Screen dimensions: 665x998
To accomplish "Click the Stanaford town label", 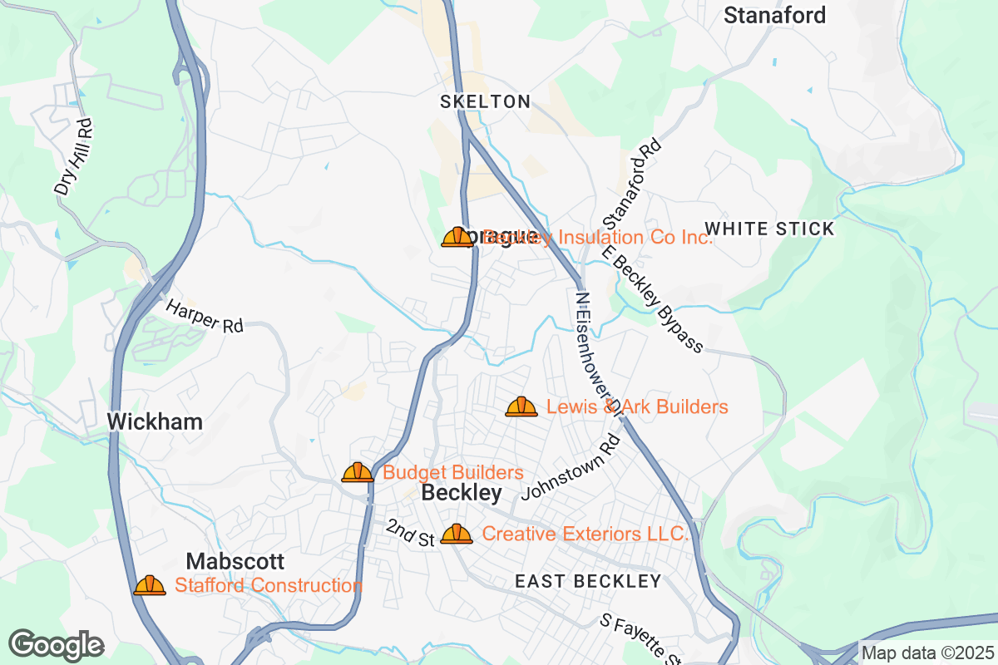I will [x=774, y=15].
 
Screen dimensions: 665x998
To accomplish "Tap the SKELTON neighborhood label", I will [x=485, y=101].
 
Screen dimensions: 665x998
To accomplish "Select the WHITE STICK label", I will [x=768, y=229].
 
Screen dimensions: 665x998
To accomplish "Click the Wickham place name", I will [x=155, y=421].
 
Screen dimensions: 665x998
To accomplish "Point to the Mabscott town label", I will [x=235, y=561].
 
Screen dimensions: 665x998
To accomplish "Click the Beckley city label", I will [x=462, y=493].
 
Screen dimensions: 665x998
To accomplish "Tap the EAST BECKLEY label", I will [x=588, y=581].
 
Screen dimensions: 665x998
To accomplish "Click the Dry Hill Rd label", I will [x=73, y=157].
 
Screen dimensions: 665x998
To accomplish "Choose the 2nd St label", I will [x=411, y=533].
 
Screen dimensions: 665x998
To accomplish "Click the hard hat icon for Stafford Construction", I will [x=150, y=585].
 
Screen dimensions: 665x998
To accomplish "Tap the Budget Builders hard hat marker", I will [x=358, y=472].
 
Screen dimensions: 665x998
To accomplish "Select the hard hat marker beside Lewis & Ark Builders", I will [x=521, y=406].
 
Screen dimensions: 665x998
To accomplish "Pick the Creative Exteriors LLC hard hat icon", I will [x=457, y=534].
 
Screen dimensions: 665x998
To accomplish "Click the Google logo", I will [x=56, y=645].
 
